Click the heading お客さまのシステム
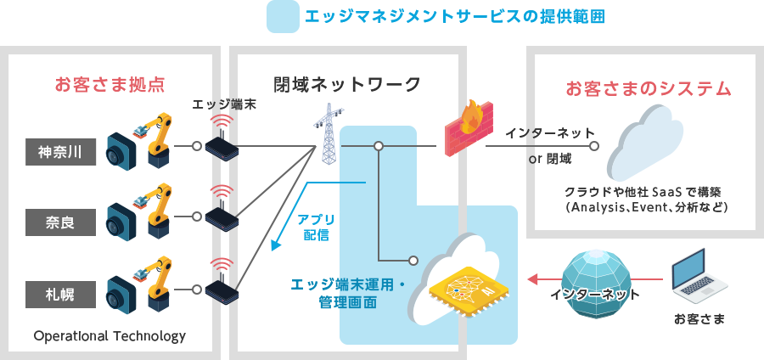648,88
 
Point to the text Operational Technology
110,336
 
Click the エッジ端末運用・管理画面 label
349,292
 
